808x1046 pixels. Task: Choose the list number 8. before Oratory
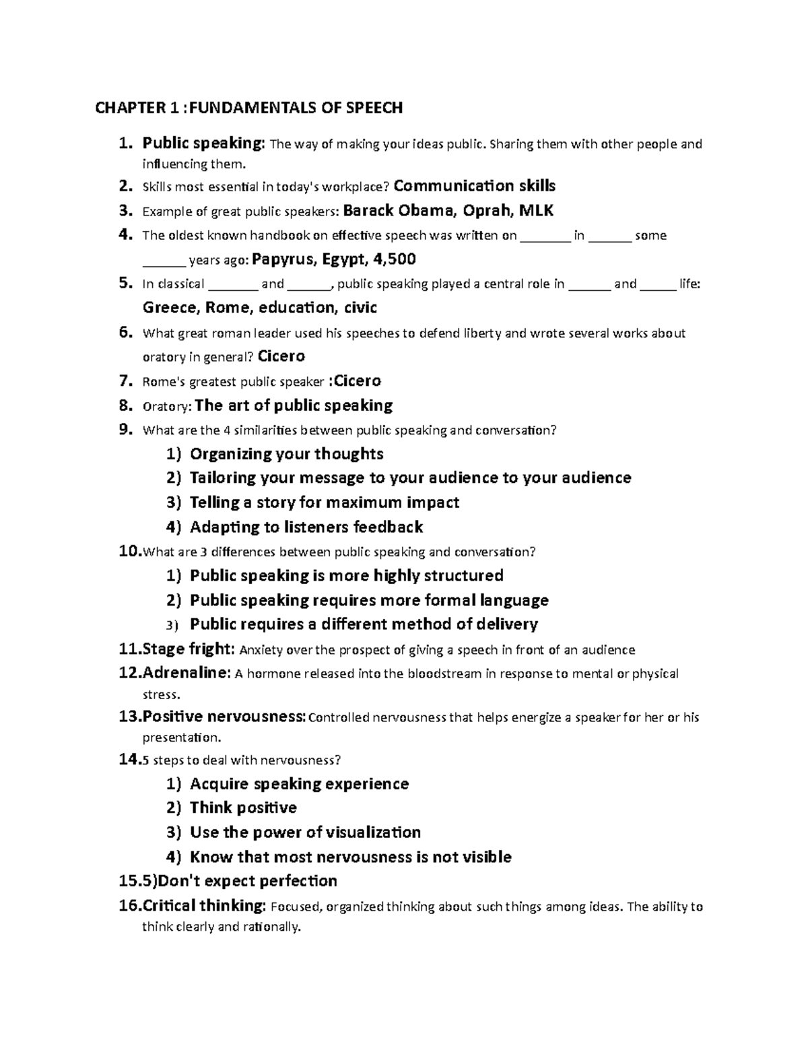pyautogui.click(x=125, y=405)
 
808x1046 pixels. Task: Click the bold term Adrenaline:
pyautogui.click(x=186, y=674)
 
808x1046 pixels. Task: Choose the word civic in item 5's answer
pyautogui.click(x=360, y=308)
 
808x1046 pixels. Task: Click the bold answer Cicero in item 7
pyautogui.click(x=358, y=381)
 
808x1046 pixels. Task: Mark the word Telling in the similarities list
pyautogui.click(x=215, y=502)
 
